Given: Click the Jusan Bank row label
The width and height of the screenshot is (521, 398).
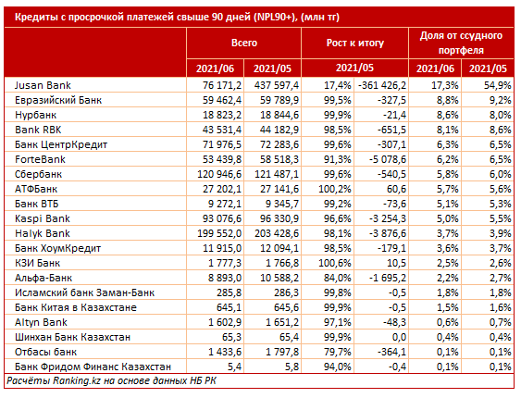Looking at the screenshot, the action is tap(43, 85).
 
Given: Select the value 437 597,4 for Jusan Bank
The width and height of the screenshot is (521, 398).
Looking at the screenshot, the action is tap(277, 85).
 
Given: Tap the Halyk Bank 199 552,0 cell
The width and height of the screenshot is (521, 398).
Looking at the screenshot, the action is tap(219, 233).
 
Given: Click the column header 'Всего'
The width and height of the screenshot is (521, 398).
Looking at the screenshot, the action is tap(244, 43).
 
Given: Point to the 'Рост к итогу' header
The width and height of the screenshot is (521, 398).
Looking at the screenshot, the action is tap(354, 43).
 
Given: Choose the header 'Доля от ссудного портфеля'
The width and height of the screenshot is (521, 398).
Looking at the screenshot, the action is tap(461, 43).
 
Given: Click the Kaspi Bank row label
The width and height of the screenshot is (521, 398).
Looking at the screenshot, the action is tap(43, 218).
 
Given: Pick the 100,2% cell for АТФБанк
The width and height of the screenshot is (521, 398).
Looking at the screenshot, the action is tap(335, 189).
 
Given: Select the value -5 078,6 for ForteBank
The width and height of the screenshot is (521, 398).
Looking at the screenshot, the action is tap(388, 159).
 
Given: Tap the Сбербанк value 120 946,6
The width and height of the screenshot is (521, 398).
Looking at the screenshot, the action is tap(219, 174).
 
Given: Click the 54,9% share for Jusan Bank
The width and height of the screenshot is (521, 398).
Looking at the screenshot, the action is tap(498, 85).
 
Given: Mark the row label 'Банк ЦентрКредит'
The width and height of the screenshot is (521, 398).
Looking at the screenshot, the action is tap(61, 144).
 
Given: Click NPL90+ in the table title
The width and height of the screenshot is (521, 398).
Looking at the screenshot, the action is tap(274, 17).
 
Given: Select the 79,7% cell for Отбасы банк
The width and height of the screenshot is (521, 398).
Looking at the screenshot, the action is tap(337, 352).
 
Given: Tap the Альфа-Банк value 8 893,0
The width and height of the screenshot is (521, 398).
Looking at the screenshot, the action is tap(225, 278).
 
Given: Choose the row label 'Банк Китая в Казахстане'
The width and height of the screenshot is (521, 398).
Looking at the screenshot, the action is tap(76, 307).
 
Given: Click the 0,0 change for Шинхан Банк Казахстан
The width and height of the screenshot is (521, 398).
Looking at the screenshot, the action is tap(399, 337).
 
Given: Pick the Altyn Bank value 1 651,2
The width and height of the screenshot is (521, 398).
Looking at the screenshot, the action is tap(282, 322).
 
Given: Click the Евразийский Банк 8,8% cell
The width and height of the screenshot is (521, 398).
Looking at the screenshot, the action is tap(448, 100).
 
